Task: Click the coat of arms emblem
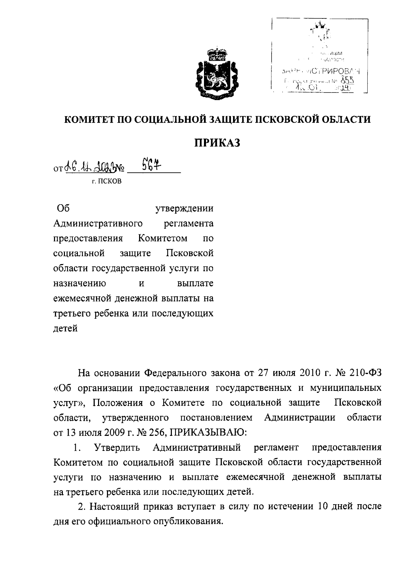point(213,73)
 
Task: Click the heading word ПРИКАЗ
point(218,143)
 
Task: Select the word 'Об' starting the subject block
point(61,208)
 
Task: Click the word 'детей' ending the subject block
point(66,329)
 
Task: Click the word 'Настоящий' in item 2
point(114,507)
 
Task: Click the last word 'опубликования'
point(187,522)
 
